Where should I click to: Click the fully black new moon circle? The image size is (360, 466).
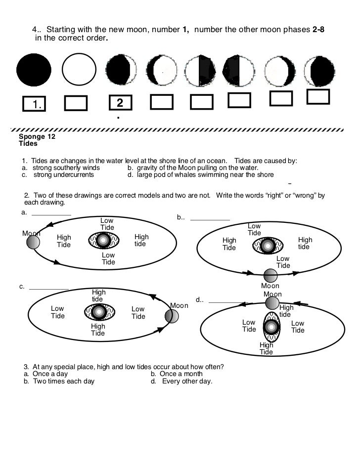(34, 70)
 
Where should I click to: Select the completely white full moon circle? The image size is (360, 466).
(79, 70)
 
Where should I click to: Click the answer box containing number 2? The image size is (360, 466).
(120, 103)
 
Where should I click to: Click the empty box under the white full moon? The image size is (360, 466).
(76, 103)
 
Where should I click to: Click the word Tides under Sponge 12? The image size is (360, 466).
(28, 144)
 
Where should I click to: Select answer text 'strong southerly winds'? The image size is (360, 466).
(66, 168)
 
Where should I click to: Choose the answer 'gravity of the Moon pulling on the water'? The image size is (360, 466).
(197, 168)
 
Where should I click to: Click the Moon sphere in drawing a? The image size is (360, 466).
(33, 242)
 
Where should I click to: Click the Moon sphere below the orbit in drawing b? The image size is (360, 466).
(270, 275)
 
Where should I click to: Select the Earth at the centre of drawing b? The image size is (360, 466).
(268, 245)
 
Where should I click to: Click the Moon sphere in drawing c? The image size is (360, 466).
(171, 316)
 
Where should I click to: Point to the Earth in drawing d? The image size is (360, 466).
(270, 326)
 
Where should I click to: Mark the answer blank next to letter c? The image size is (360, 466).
(49, 288)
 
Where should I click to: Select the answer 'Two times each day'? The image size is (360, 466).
(64, 381)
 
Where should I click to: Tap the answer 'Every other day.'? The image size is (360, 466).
(187, 381)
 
